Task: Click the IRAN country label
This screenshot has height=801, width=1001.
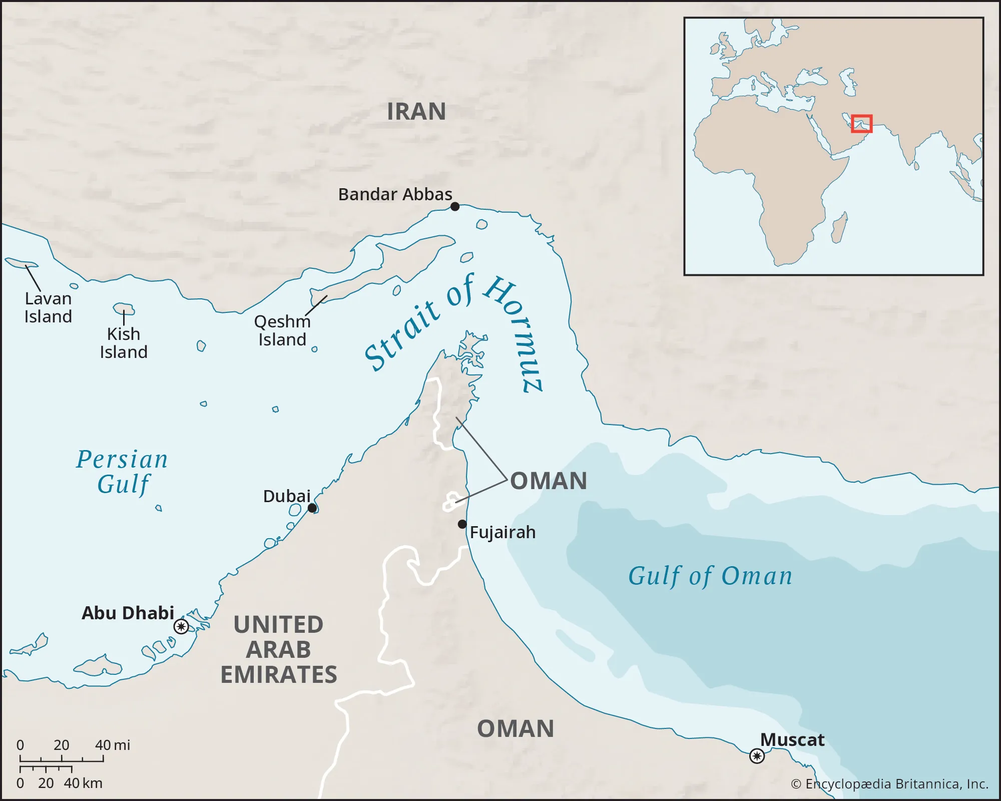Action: [416, 111]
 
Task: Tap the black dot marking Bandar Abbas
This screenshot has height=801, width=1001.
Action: [454, 206]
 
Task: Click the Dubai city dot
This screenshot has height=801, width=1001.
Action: [312, 508]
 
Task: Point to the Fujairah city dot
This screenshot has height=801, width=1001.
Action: [462, 524]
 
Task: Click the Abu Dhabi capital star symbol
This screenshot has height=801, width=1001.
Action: [181, 626]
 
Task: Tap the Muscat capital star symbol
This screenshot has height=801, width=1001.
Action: [757, 755]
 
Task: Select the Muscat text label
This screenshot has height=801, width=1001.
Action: [792, 739]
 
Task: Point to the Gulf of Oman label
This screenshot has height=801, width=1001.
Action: [710, 576]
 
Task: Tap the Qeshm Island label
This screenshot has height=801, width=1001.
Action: [282, 330]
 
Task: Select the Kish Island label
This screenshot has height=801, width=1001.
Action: [124, 343]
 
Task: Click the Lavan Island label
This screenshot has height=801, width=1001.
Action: [48, 307]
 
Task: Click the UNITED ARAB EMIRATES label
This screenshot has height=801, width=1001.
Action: [279, 649]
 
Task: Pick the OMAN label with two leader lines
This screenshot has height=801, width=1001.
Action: [548, 481]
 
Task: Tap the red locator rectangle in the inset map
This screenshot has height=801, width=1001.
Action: [861, 124]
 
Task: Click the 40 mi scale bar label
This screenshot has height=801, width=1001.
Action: [113, 745]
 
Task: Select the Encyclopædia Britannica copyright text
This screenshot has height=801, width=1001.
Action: [889, 783]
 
